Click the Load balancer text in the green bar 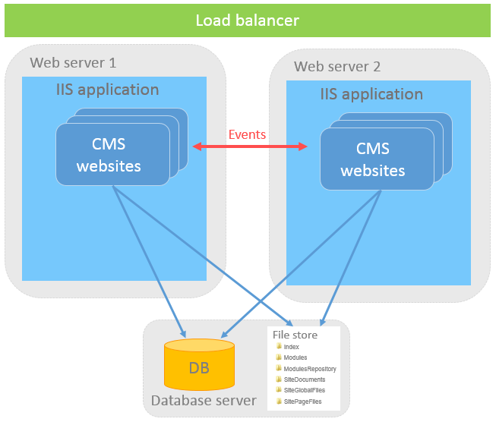[248, 20]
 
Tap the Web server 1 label [73, 62]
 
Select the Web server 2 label [337, 67]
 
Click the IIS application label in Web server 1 [108, 90]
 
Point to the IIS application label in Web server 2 [371, 94]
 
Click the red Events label [248, 134]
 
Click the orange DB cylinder [200, 368]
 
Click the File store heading [295, 335]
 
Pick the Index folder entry [291, 347]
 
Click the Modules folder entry [295, 357]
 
